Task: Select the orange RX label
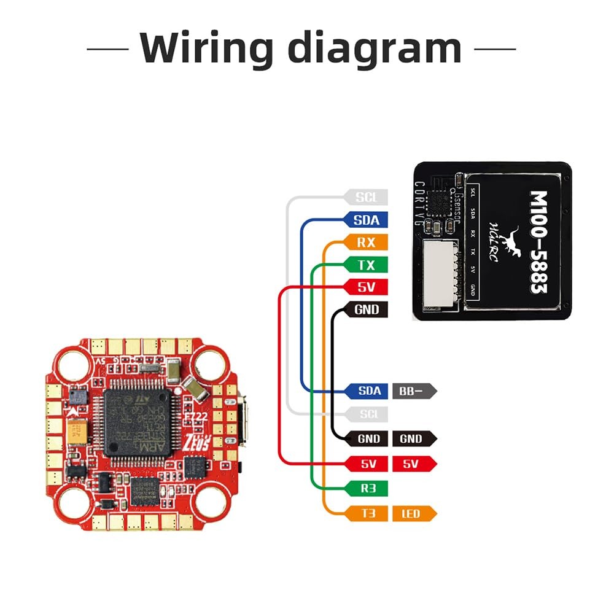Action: point(366,242)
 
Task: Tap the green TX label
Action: point(366,265)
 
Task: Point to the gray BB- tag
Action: point(414,390)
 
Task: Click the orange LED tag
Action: point(414,513)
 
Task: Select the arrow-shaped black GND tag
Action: point(414,438)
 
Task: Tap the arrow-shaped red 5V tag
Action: point(414,464)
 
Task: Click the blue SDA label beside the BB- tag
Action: point(367,390)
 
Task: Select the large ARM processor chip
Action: point(139,422)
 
